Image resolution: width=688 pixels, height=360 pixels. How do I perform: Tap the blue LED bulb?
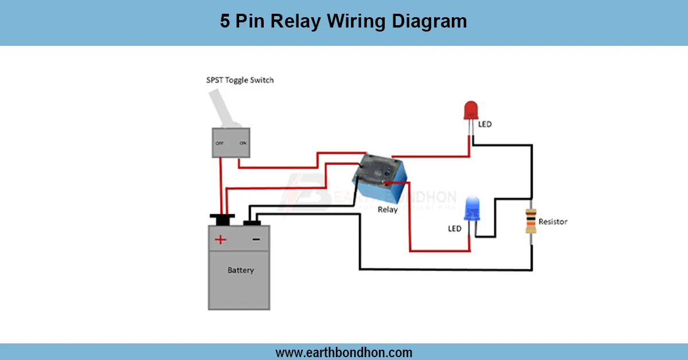pyautogui.click(x=472, y=207)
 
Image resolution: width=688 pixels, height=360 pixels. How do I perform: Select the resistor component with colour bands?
pyautogui.click(x=531, y=222)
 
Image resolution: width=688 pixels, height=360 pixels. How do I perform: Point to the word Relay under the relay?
pyautogui.click(x=388, y=210)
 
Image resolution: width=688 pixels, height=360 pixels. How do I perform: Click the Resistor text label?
pyautogui.click(x=553, y=222)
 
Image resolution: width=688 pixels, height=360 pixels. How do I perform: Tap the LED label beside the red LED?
pyautogui.click(x=484, y=124)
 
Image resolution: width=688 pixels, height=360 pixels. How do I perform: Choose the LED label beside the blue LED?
pyautogui.click(x=455, y=229)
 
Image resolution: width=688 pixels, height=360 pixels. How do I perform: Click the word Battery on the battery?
pyautogui.click(x=240, y=270)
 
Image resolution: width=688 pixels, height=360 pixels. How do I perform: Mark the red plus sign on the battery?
pyautogui.click(x=220, y=240)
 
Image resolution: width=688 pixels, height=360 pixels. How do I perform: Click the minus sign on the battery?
pyautogui.click(x=256, y=240)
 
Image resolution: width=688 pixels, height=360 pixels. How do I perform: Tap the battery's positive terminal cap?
pyautogui.click(x=222, y=218)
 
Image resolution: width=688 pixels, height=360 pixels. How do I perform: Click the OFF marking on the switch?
pyautogui.click(x=219, y=144)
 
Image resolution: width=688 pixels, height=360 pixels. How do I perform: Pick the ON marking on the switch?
pyautogui.click(x=243, y=144)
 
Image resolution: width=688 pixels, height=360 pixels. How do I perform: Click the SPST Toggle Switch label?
pyautogui.click(x=240, y=80)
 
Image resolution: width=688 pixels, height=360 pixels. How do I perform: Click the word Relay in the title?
pyautogui.click(x=296, y=22)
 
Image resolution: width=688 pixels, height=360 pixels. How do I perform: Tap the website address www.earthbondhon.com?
pyautogui.click(x=344, y=352)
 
